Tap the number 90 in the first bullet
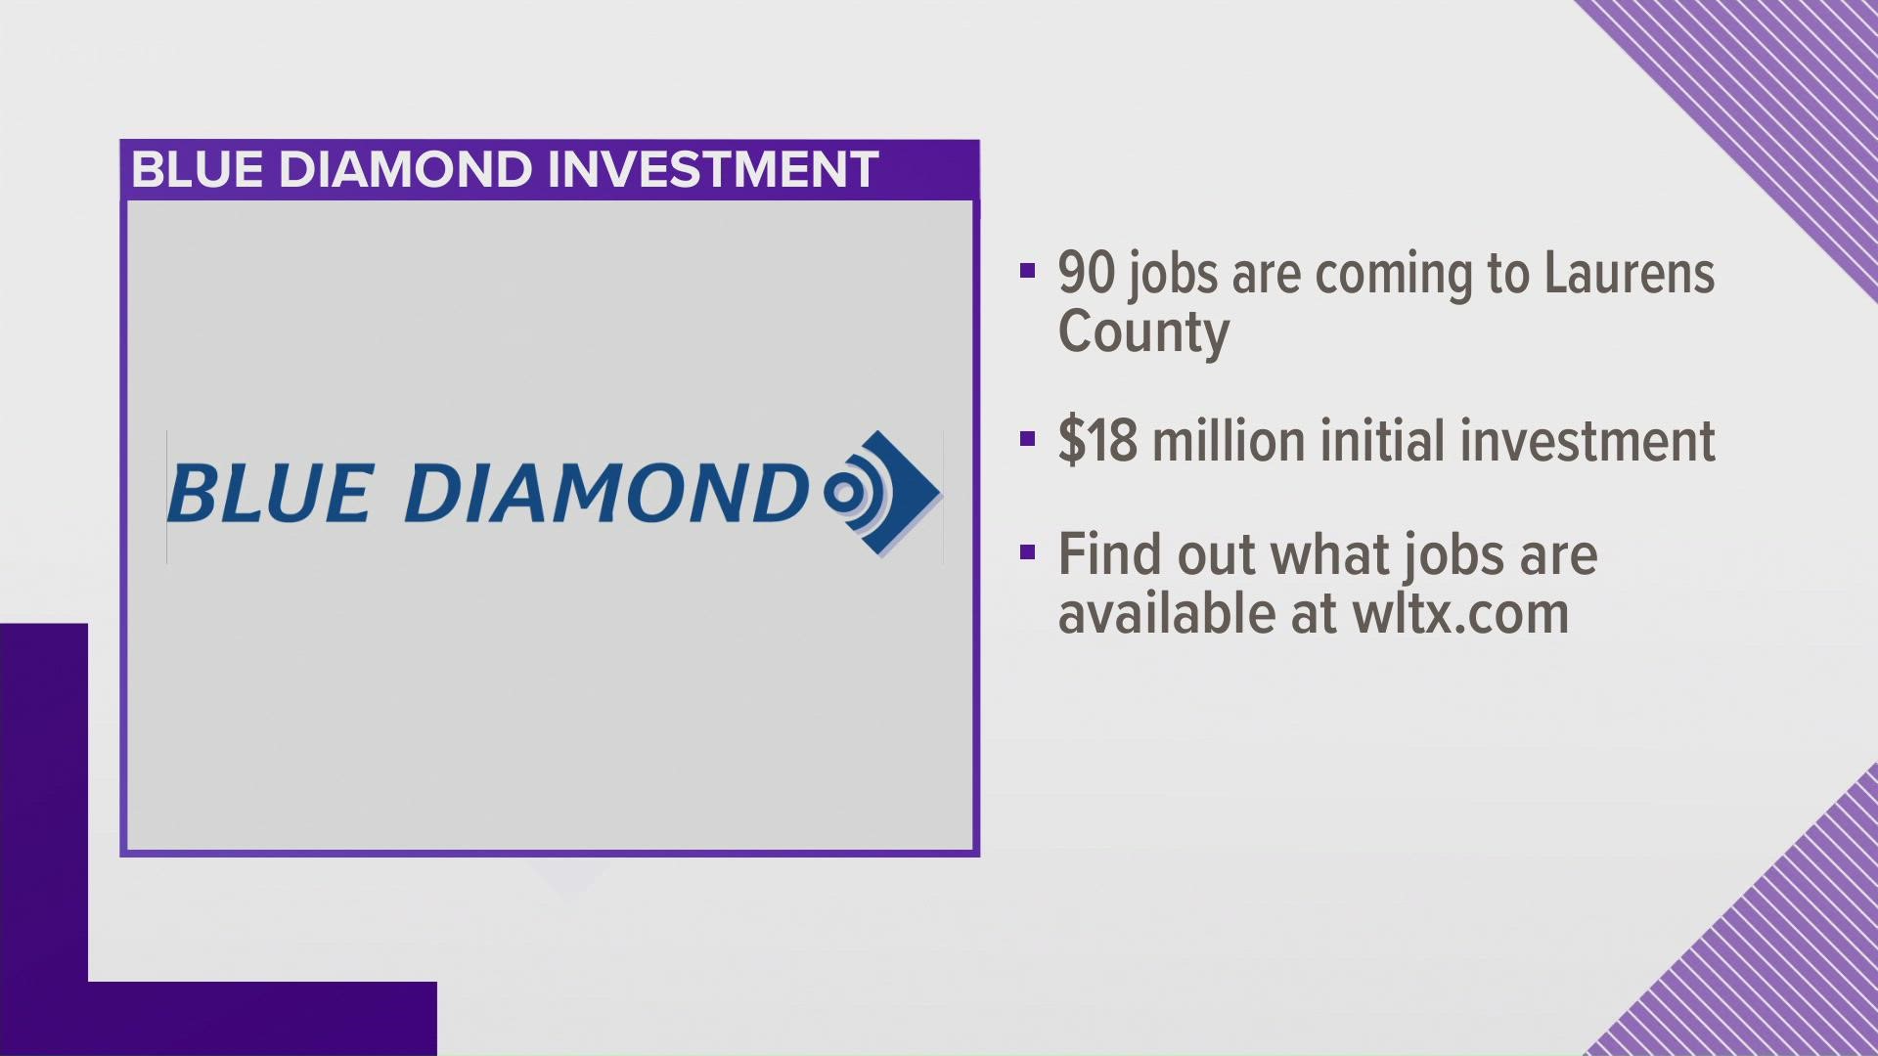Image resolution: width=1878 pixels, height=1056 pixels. click(1086, 274)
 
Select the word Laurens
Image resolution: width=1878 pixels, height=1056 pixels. click(1629, 274)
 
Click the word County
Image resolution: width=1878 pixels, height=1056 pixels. click(1143, 332)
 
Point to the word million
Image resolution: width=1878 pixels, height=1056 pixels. click(1228, 441)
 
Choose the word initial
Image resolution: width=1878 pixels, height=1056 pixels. click(1369, 441)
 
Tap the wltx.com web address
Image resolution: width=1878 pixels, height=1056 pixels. click(1460, 614)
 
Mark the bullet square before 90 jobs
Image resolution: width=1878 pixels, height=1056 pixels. click(1026, 271)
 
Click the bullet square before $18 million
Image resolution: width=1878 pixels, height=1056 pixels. click(1026, 438)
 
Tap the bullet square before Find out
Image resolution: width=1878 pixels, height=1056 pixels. click(1026, 553)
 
